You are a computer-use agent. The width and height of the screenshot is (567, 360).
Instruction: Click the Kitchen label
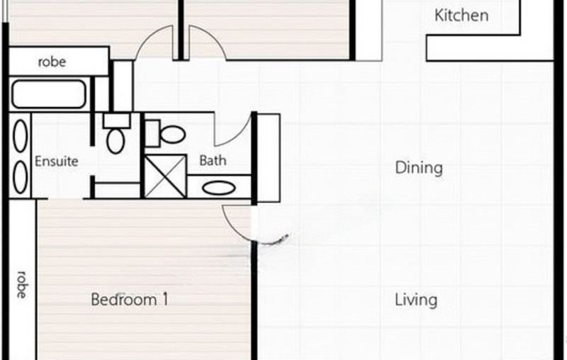(461, 16)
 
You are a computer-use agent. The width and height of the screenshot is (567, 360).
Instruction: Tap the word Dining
(418, 168)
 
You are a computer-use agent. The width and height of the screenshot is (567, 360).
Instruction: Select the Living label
(416, 300)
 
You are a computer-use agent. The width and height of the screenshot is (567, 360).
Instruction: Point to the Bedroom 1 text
(130, 300)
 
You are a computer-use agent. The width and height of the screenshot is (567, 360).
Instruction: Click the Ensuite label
(56, 161)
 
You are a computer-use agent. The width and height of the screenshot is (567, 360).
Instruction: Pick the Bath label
(213, 160)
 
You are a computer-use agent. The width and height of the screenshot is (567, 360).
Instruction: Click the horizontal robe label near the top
(52, 62)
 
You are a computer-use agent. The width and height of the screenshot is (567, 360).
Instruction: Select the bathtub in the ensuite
(48, 94)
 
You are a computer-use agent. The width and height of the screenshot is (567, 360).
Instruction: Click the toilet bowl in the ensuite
(115, 140)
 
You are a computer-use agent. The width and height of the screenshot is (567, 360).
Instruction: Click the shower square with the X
(164, 176)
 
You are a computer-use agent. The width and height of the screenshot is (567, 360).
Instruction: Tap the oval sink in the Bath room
(220, 189)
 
